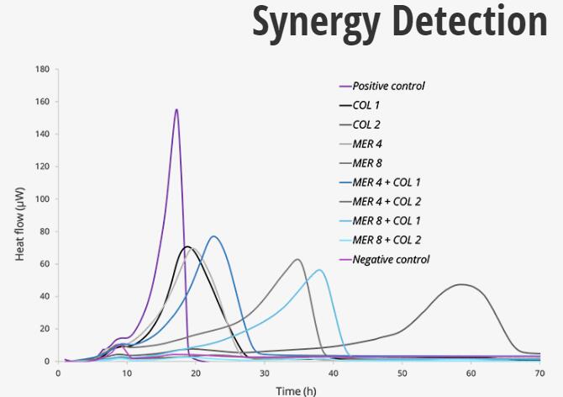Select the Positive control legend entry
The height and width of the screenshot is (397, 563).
pos(388,86)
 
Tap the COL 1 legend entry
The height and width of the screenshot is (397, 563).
pos(367,105)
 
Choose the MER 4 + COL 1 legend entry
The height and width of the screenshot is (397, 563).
pos(387,182)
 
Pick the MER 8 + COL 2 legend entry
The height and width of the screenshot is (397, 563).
pos(387,240)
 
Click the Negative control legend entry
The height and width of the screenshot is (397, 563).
pos(391,259)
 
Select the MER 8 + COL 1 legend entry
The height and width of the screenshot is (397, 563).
pos(387,220)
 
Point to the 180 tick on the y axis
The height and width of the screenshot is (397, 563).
pos(41,69)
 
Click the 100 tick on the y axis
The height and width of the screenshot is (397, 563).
pos(41,199)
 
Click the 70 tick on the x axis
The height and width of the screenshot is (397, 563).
pos(539,373)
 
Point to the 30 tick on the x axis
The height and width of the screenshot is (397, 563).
pos(264,373)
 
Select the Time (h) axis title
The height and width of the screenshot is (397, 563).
pos(298,389)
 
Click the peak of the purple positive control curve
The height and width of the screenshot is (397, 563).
pos(176,109)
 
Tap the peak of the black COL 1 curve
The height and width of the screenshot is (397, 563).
pos(187,246)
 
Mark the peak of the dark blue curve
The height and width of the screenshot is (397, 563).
pos(214,236)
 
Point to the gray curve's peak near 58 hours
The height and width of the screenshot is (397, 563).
pos(460,284)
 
